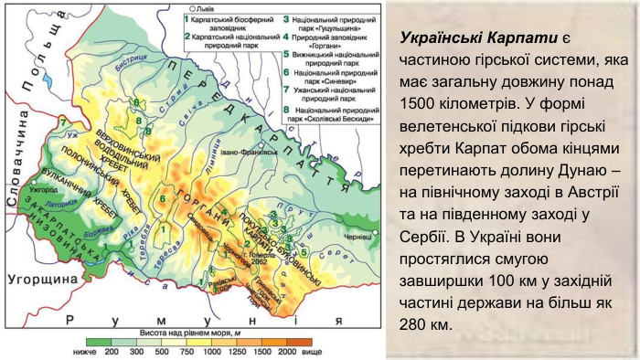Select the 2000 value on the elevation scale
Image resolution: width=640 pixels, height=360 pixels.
[x=286, y=350]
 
